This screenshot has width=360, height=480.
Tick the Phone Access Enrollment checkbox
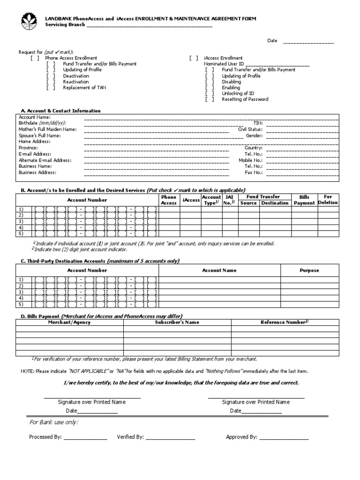pyautogui.click(x=35, y=58)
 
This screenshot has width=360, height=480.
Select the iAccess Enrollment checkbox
pyautogui.click(x=194, y=58)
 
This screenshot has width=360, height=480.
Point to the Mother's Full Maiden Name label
pyautogui.click(x=47, y=129)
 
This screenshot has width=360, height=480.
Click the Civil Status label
pyautogui.click(x=250, y=129)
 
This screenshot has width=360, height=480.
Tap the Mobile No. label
pyautogui.click(x=250, y=160)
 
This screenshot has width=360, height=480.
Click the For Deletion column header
pyautogui.click(x=328, y=200)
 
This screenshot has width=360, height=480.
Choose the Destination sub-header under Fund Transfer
pyautogui.click(x=275, y=203)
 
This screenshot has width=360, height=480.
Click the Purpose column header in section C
pyautogui.click(x=309, y=270)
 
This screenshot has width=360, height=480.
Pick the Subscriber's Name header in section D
pyautogui.click(x=177, y=322)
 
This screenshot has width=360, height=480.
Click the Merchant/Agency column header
pyautogui.click(x=69, y=322)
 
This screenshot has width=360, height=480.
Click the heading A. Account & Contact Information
pyautogui.click(x=60, y=111)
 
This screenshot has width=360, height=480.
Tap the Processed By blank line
pyautogui.click(x=85, y=437)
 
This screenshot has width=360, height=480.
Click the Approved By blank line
pyautogui.click(x=284, y=437)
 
